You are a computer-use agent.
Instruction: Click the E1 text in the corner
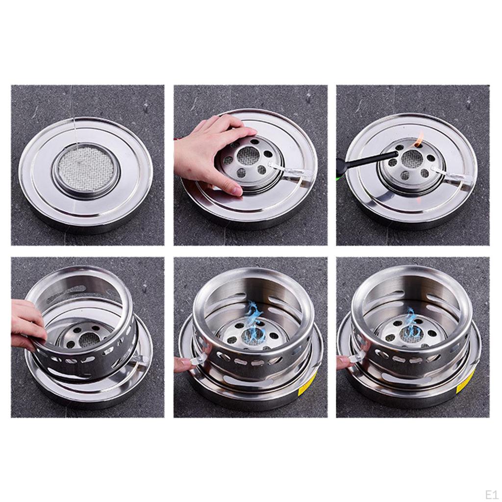pyautogui.click(x=491, y=494)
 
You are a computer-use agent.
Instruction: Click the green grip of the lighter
pyautogui.click(x=339, y=173)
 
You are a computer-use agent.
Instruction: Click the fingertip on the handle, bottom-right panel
pyautogui.click(x=343, y=362)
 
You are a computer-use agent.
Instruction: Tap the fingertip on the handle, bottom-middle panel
pyautogui.click(x=181, y=363)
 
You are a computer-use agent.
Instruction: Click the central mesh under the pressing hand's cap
pyautogui.click(x=249, y=156)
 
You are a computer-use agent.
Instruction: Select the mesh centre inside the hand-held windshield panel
pyautogui.click(x=88, y=338)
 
